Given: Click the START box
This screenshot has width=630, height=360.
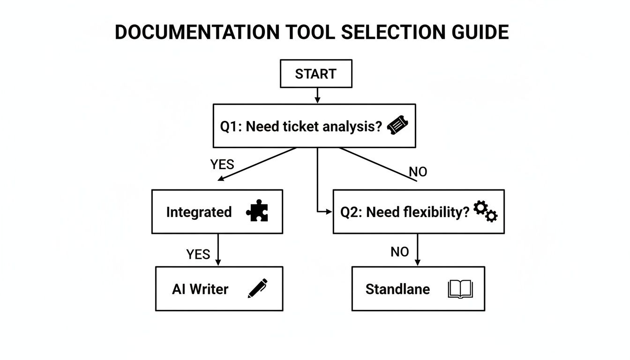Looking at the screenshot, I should [x=315, y=74].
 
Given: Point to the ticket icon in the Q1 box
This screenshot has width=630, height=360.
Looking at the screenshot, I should [x=397, y=126].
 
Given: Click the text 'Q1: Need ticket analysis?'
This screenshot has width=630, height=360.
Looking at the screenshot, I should [x=301, y=127].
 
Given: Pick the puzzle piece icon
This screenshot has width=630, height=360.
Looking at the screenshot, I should [x=257, y=211].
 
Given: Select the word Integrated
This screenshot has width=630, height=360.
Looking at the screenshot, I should [x=199, y=212].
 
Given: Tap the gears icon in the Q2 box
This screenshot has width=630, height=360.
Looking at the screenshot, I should [x=485, y=211].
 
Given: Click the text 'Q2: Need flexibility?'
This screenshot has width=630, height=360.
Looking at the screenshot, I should [x=405, y=212].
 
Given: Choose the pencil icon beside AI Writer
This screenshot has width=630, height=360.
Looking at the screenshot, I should [x=257, y=288].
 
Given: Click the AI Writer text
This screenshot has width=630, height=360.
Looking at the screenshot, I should [x=200, y=289].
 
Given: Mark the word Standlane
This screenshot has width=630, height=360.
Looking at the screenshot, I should [x=397, y=289].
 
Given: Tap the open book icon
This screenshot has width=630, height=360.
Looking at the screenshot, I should [x=460, y=289].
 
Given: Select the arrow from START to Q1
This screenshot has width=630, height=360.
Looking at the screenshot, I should [x=317, y=96].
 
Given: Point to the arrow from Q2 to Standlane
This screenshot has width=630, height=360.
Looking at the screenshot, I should [x=417, y=250].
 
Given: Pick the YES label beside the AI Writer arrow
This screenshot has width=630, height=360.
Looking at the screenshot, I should [x=198, y=255].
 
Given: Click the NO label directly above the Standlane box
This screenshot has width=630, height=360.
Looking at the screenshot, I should [x=399, y=252].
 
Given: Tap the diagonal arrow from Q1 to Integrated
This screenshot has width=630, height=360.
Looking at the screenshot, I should [x=258, y=164].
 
